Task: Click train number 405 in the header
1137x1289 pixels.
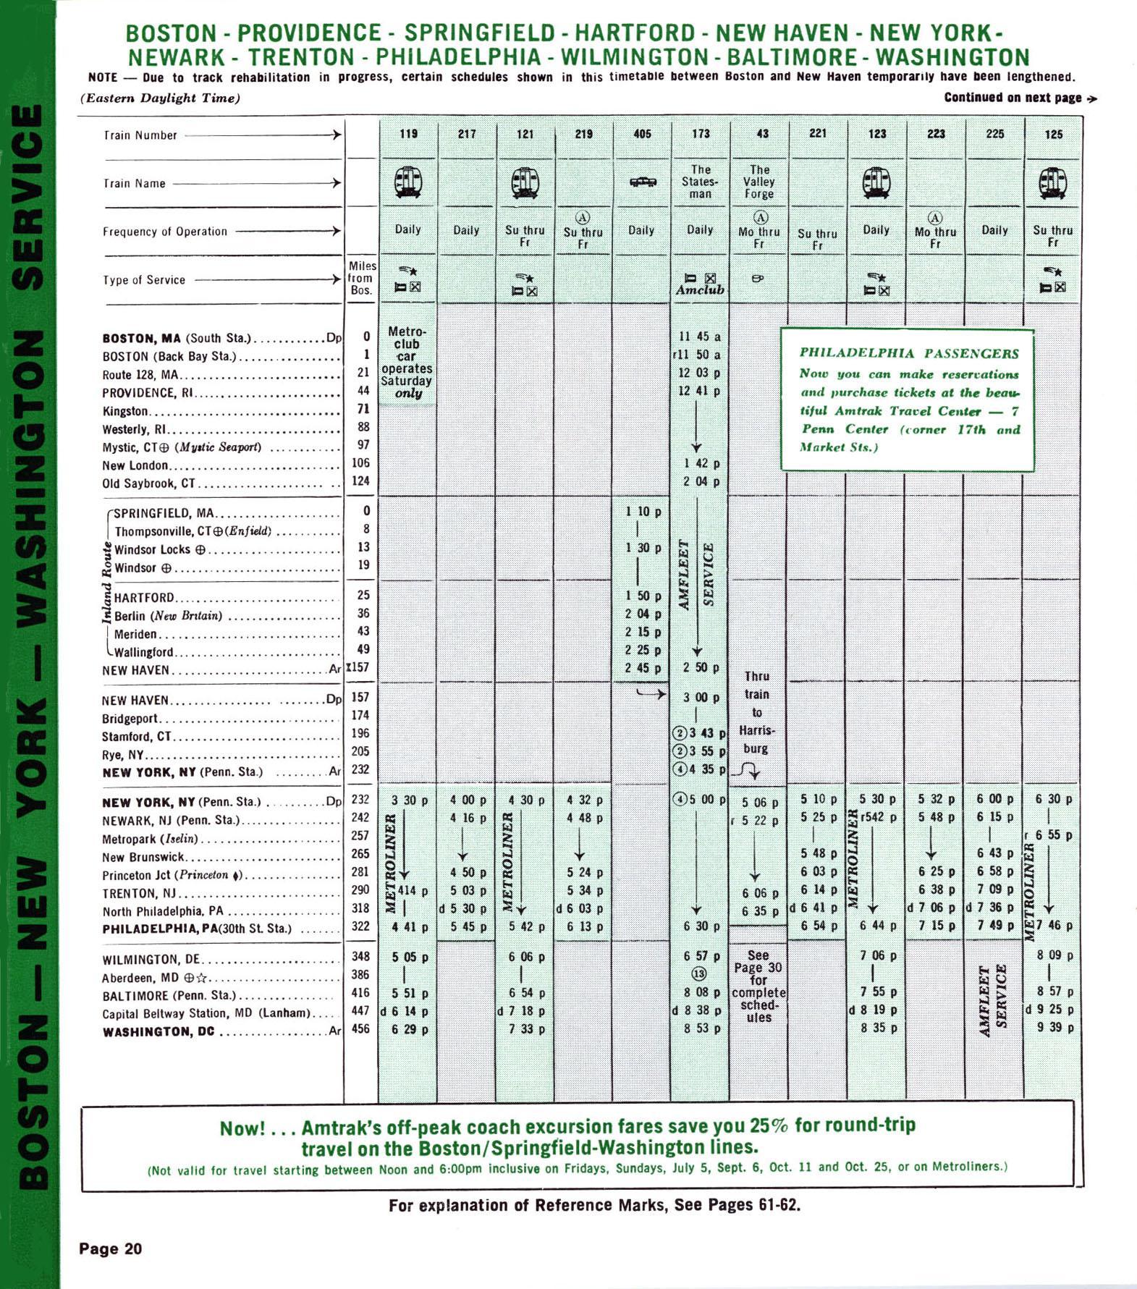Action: (641, 134)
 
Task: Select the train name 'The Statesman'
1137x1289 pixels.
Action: (700, 182)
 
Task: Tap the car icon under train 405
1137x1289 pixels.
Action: (642, 182)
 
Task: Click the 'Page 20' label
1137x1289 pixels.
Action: (111, 1248)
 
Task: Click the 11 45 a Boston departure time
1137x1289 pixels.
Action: (698, 337)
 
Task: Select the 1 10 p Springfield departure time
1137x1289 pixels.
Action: (643, 512)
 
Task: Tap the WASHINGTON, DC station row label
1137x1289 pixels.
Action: (158, 1031)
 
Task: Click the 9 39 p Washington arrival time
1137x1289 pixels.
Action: (1054, 1028)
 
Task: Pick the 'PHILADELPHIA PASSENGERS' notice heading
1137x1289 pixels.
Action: (908, 353)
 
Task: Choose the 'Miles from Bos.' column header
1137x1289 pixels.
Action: (361, 278)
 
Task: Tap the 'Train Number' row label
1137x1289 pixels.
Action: (140, 135)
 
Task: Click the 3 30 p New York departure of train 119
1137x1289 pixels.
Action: (409, 800)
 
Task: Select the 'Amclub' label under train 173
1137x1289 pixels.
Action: (700, 290)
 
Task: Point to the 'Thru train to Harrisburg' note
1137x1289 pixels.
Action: (756, 712)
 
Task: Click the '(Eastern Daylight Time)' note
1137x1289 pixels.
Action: (160, 98)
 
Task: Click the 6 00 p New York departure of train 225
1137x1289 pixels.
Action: (994, 799)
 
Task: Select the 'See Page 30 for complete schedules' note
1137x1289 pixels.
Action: (758, 986)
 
